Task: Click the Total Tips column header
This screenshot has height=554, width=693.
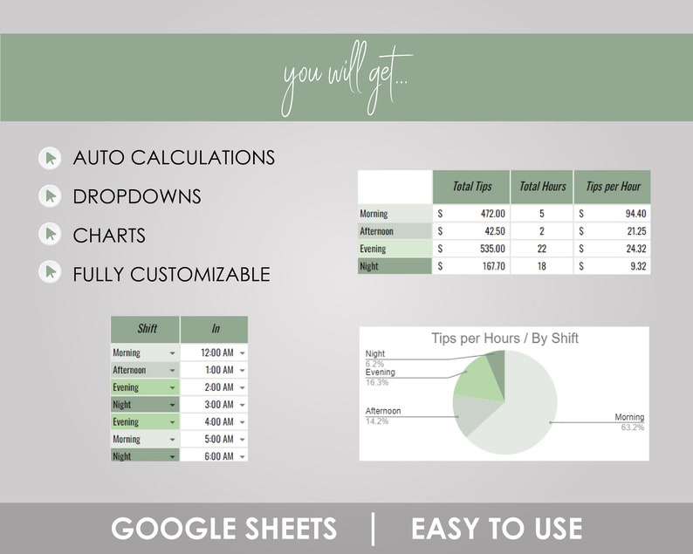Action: [x=471, y=187]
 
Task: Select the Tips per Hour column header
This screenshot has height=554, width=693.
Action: [x=613, y=187]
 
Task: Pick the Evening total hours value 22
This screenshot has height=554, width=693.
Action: [x=541, y=249]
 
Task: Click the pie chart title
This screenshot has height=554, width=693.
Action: [x=504, y=339]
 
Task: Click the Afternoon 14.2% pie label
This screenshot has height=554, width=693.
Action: [x=383, y=415]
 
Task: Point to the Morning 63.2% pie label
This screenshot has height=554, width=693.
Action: [x=628, y=422]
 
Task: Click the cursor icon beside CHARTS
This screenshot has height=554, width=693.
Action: [x=51, y=235]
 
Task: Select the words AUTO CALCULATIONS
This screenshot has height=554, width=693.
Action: [x=174, y=158]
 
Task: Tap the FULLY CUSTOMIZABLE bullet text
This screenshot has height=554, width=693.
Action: [x=171, y=274]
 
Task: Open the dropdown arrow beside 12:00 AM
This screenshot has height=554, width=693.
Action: [x=242, y=352]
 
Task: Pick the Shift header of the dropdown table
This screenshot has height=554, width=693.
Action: [x=148, y=329]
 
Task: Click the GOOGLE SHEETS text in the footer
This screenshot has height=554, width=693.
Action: [x=223, y=528]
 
